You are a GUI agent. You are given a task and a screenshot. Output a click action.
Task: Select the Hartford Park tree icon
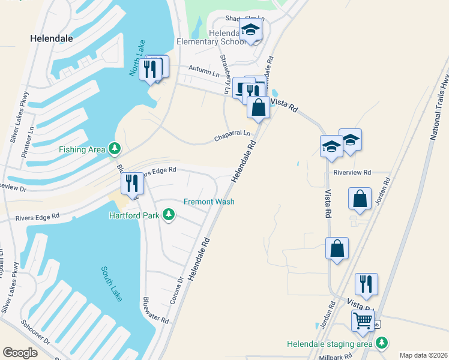[169, 215]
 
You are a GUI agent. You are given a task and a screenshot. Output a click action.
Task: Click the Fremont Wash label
[208, 202]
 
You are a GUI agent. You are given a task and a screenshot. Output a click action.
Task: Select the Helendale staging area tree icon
[381, 343]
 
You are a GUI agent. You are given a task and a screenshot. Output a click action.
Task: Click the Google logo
[20, 353]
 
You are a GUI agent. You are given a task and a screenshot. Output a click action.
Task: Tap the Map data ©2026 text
[423, 355]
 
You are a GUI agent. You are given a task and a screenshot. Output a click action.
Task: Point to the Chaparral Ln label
[232, 136]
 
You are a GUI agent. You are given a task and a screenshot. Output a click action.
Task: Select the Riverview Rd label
[352, 172]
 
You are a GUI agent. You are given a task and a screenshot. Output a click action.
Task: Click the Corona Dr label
[175, 290]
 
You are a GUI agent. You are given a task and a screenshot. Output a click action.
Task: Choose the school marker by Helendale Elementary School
[250, 31]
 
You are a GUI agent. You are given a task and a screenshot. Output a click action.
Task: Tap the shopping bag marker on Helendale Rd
[258, 108]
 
